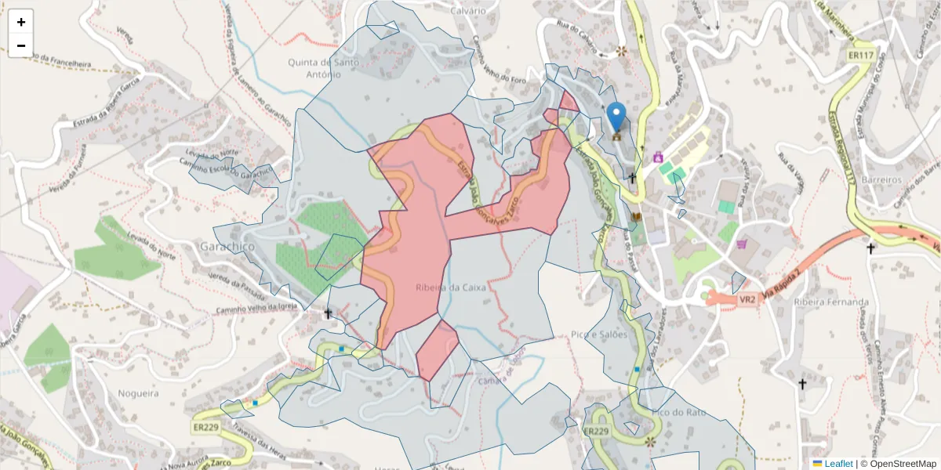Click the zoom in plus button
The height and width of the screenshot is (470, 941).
click(x=21, y=22)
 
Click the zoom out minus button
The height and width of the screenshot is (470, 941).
click(x=21, y=45)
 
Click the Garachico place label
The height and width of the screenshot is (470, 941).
click(x=228, y=246)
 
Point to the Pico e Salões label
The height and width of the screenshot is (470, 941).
click(x=600, y=334)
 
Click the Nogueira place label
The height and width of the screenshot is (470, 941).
click(x=138, y=392)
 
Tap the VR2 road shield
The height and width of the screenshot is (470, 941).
click(x=747, y=299)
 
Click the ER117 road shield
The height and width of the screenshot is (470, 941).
click(x=861, y=56)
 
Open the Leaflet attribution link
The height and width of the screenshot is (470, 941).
click(x=838, y=464)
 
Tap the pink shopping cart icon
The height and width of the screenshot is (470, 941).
click(x=741, y=244)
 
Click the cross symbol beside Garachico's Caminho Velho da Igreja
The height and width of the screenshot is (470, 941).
click(x=329, y=314)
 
